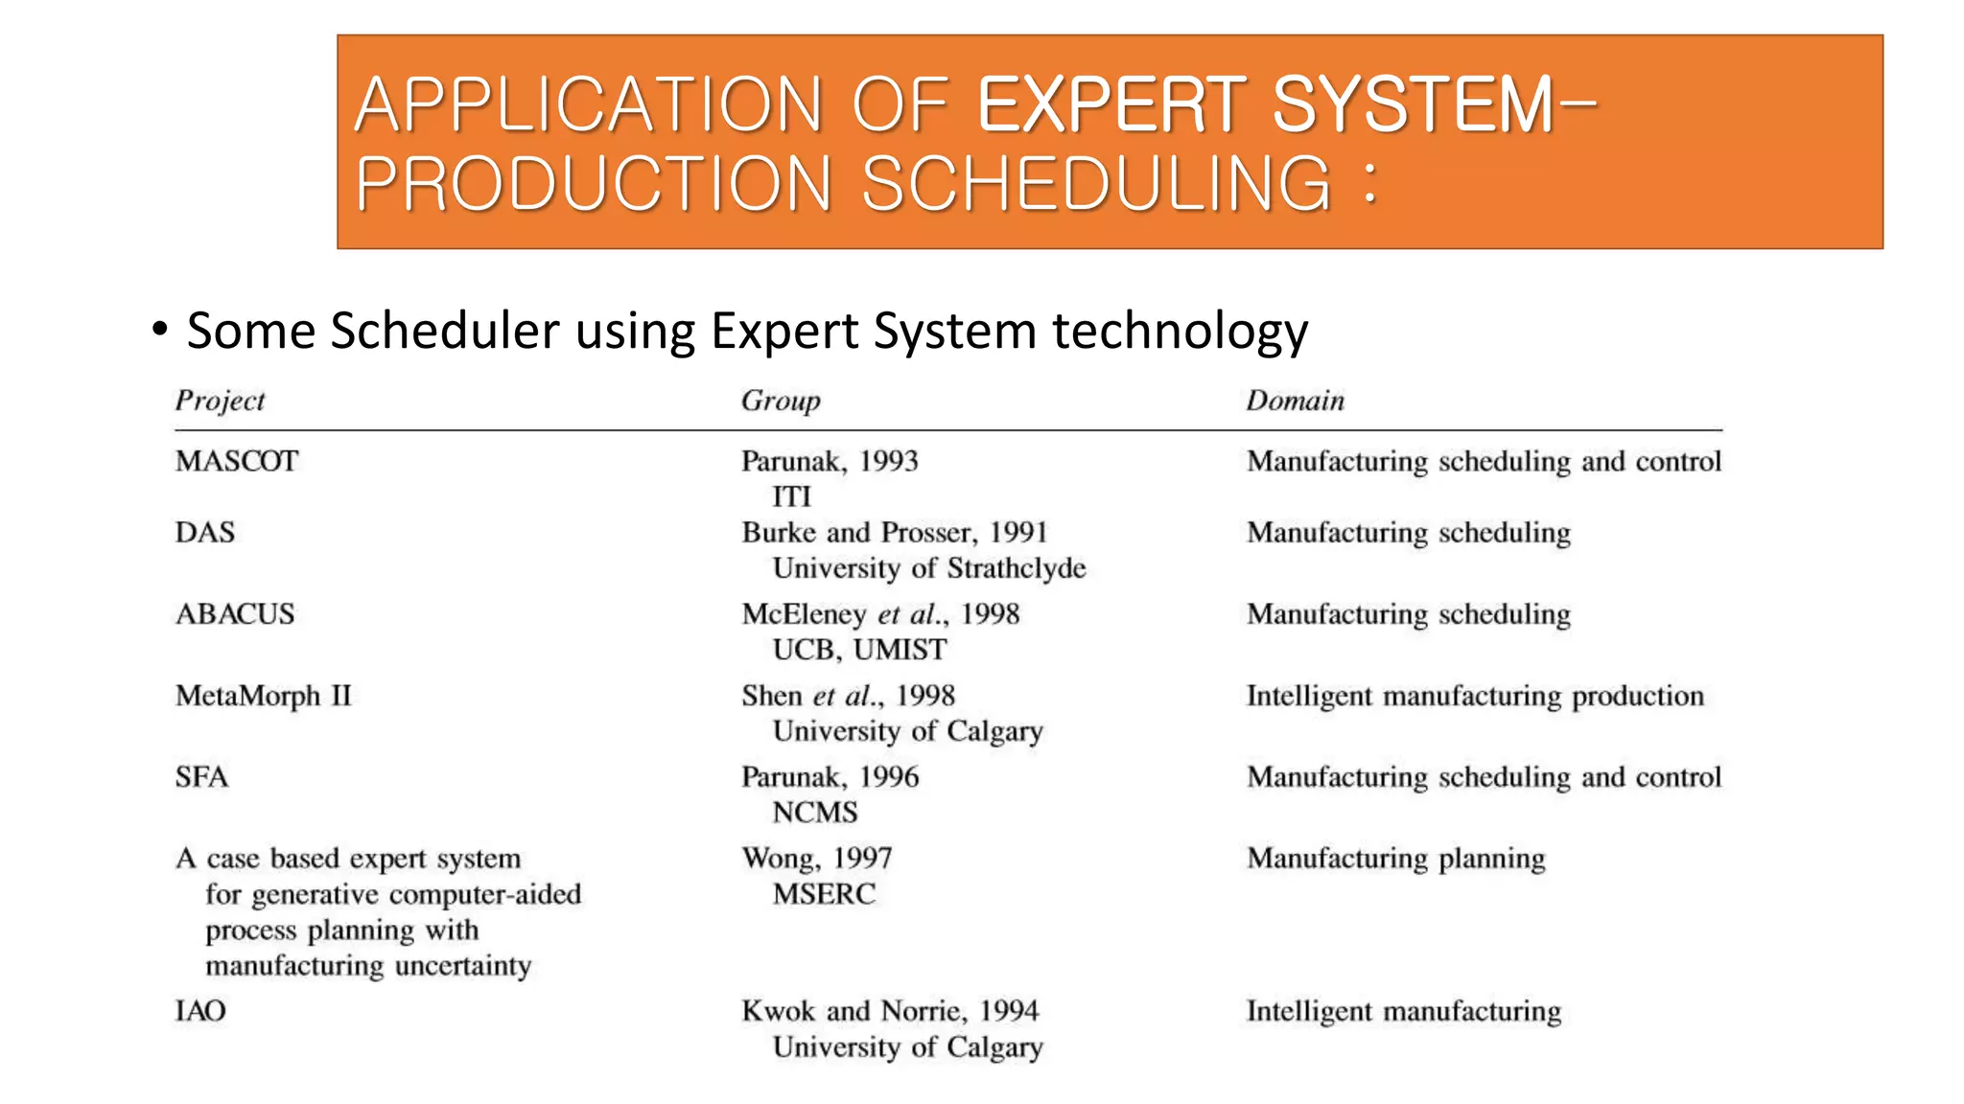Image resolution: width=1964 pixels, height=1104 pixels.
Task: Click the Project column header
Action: [220, 401]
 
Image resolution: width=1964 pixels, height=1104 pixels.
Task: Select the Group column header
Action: [781, 401]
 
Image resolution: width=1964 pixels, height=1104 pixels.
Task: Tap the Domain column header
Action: [1295, 401]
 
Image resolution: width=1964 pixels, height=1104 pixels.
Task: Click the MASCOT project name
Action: [237, 461]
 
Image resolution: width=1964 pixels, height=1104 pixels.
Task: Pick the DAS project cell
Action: [204, 532]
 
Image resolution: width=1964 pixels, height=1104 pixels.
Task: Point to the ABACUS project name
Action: [235, 613]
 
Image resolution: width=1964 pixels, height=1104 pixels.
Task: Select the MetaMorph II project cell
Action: [264, 695]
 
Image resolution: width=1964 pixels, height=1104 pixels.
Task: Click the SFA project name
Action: [201, 776]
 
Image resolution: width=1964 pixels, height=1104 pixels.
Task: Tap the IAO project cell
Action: [200, 1011]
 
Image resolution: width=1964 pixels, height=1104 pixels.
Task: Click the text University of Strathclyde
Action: [928, 568]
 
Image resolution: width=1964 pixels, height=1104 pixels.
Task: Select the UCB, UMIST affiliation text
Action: [859, 650]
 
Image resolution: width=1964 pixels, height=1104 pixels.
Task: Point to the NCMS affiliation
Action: [815, 813]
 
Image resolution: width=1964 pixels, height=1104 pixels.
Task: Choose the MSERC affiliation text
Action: [824, 894]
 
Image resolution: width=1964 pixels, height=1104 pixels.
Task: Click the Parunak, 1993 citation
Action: [830, 461]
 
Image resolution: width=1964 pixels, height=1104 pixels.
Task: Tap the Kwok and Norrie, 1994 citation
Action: [890, 1011]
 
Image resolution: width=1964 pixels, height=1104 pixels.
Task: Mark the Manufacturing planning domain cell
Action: [1395, 859]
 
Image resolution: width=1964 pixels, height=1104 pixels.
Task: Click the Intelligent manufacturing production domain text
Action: [1475, 696]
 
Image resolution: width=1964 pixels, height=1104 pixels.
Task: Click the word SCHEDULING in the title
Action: [1096, 183]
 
